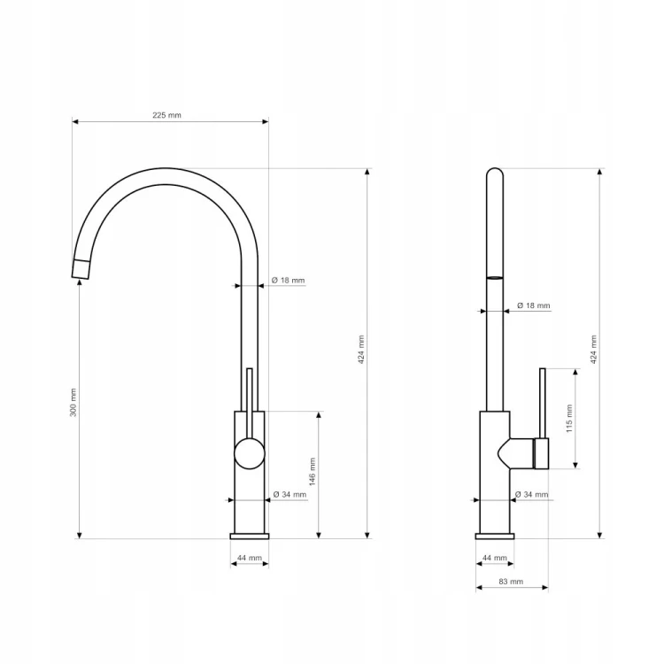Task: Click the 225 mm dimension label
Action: [166, 115]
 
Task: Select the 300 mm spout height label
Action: [73, 402]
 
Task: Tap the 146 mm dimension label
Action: [313, 472]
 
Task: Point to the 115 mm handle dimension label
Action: [569, 419]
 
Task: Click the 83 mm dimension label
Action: [511, 582]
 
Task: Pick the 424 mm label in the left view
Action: [361, 350]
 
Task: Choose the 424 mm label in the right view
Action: [593, 350]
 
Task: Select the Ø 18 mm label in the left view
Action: [288, 281]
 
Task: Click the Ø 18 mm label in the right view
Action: [534, 305]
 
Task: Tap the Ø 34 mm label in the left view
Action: [290, 494]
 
